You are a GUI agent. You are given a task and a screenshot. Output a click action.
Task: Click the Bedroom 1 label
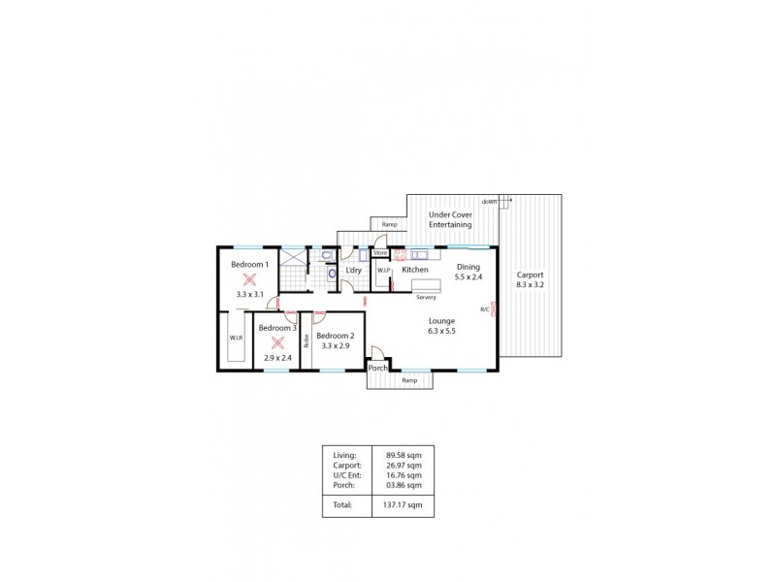[x=248, y=264]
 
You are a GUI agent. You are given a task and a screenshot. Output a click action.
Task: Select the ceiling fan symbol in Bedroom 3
[x=276, y=341]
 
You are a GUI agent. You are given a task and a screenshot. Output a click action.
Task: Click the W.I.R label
[x=236, y=338]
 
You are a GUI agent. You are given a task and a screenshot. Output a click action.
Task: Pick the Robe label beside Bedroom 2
[x=307, y=340]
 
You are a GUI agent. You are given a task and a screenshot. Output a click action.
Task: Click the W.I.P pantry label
[x=383, y=271]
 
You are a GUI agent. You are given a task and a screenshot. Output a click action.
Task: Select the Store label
[x=380, y=252]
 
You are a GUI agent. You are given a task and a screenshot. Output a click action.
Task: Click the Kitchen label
[x=415, y=270]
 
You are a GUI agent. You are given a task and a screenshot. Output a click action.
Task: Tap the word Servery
[x=427, y=298]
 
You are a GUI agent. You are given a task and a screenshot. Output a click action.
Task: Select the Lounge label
[x=442, y=320]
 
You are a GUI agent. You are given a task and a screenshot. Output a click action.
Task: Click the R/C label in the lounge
[x=484, y=309]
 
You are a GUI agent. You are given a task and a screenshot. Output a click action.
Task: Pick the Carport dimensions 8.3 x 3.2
[x=530, y=285]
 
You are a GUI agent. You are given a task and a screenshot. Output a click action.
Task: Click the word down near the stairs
[x=489, y=201]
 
